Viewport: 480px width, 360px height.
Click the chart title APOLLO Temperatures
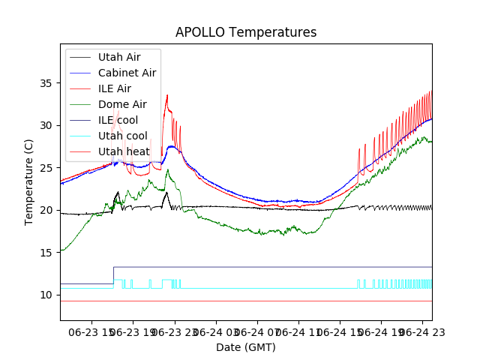tap(246, 32)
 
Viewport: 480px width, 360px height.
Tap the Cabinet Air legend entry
tap(127, 73)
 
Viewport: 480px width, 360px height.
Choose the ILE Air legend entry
tap(114, 88)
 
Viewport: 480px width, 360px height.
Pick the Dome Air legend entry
tap(122, 104)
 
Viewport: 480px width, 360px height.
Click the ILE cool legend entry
tap(118, 120)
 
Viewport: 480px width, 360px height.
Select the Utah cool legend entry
tap(121, 136)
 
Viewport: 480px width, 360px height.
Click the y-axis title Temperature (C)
tap(29, 182)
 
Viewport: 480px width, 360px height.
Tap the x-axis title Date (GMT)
tap(246, 347)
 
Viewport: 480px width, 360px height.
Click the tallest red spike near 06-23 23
tap(167, 96)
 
